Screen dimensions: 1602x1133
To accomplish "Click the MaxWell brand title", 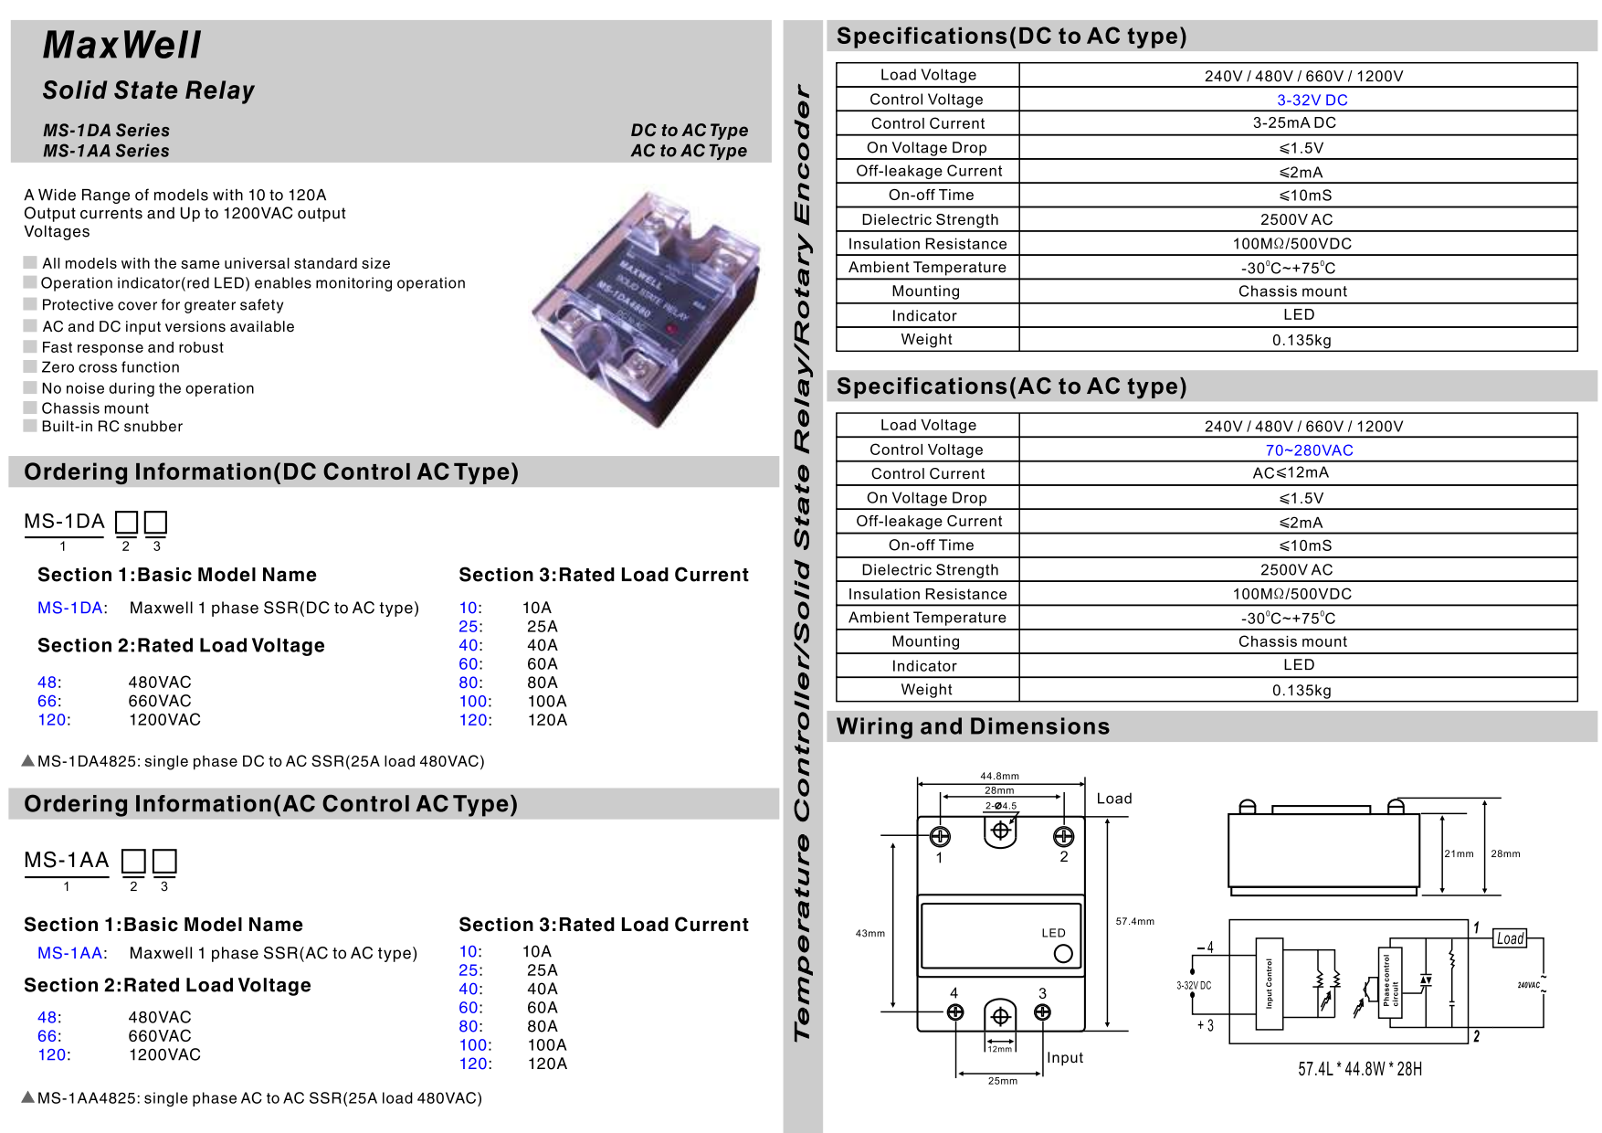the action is pos(121,46).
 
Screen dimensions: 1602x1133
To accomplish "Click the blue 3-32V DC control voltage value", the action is pos(1312,101).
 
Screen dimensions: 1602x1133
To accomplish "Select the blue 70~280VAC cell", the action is pos(1309,450).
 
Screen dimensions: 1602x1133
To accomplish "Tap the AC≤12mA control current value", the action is pos(1291,473).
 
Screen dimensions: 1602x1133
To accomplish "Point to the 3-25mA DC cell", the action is pos(1294,123).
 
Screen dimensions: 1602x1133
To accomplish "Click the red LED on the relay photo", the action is pos(672,327).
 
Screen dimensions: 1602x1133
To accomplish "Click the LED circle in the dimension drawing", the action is pos(1063,954).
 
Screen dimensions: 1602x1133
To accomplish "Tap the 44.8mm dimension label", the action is pos(999,776).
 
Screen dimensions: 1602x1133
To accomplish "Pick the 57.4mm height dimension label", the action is pos(1134,921).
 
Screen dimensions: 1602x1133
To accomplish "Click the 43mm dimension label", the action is pos(870,933).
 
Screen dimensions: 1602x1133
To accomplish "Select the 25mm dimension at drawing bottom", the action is pos(1002,1081).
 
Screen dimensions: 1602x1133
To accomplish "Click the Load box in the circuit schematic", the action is pos(1510,938).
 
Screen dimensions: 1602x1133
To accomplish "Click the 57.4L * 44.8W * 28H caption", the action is pos(1359,1069).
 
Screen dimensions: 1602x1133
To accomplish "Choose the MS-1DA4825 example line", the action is pos(253,761).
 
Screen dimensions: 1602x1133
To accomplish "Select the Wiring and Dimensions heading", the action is pos(973,726).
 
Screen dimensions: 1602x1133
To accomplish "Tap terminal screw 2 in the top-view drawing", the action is pos(1063,836).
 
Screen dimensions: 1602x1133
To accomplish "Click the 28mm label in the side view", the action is pos(1505,853).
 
